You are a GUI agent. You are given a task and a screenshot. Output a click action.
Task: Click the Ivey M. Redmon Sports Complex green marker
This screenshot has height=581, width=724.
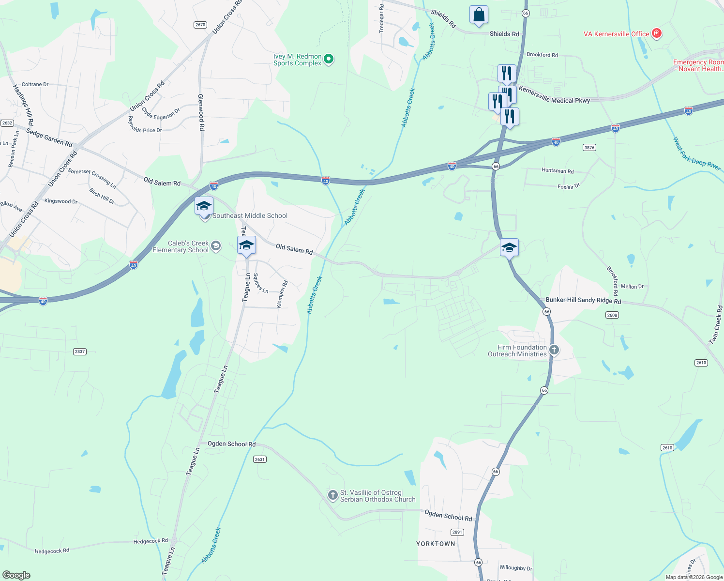click(329, 60)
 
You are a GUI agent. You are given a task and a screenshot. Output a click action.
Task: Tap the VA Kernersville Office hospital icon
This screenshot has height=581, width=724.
click(657, 33)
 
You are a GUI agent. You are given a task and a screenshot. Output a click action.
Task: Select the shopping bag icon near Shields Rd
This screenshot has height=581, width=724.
click(479, 15)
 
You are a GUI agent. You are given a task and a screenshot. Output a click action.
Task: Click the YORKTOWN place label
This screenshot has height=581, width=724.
click(436, 544)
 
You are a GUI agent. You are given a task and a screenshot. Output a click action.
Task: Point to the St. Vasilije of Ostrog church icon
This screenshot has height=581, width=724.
click(332, 495)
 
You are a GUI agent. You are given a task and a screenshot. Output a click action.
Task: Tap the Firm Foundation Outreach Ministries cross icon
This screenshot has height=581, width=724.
click(554, 350)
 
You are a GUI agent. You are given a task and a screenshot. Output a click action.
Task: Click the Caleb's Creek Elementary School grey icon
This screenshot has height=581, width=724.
click(216, 246)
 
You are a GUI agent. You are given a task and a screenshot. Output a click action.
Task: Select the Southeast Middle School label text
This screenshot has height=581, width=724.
click(250, 215)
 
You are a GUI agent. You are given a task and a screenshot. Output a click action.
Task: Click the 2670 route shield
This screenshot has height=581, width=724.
click(200, 25)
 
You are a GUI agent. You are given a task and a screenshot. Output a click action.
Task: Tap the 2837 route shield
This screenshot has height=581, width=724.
click(80, 352)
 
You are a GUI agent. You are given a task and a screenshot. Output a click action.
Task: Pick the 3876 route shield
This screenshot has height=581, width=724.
click(589, 148)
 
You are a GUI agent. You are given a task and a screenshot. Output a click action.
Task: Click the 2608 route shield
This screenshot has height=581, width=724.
click(612, 315)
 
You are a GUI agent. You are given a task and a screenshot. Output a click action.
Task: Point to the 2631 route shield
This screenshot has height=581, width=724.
click(260, 459)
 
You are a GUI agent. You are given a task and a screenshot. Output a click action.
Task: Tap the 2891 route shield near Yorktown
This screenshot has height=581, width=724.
click(457, 532)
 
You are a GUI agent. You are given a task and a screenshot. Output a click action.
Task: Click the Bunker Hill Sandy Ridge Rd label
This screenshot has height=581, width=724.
click(583, 301)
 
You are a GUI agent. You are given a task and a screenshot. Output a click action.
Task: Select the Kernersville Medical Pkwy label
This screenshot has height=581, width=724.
click(554, 95)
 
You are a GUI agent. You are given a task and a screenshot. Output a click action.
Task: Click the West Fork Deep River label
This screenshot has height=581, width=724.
click(696, 153)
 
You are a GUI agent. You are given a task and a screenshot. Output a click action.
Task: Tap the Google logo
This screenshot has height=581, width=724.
click(16, 575)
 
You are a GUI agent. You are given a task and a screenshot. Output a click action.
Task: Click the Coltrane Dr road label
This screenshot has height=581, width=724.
click(35, 84)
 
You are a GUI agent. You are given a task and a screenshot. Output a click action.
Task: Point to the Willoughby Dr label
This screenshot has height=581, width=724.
click(515, 568)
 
